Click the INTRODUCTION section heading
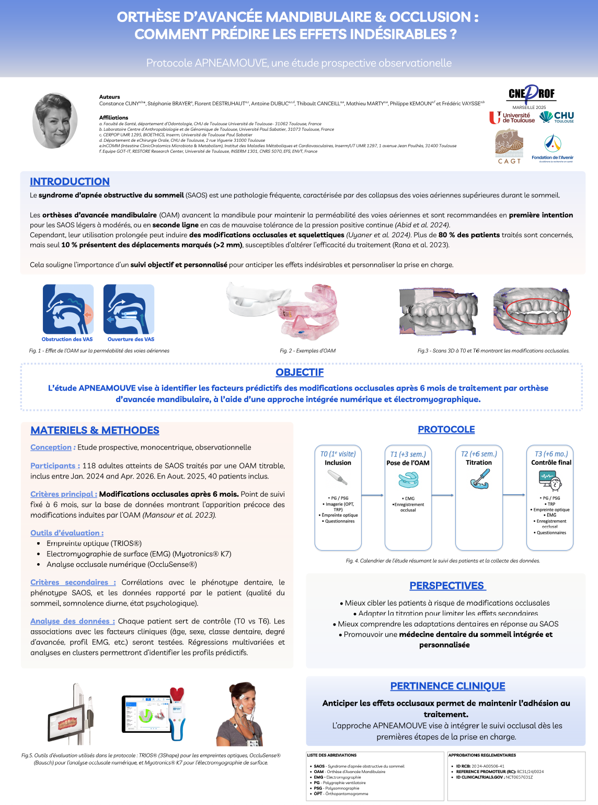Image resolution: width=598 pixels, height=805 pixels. pos(70,182)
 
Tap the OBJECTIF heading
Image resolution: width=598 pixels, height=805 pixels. pos(300,372)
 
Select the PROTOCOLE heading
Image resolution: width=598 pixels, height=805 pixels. pos(446,429)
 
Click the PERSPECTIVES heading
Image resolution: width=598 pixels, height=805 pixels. pos(447,586)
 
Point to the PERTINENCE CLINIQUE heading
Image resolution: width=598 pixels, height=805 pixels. pos(447,686)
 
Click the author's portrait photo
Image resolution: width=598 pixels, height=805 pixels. pos(55,120)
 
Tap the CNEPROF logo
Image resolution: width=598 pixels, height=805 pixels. pos(531,94)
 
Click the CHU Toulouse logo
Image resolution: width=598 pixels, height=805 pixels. pos(557,117)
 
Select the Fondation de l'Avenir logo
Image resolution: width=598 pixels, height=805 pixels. pos(553,149)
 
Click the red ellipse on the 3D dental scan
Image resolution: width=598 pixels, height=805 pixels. pos(538,311)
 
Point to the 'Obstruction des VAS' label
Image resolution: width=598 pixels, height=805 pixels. pos(67,339)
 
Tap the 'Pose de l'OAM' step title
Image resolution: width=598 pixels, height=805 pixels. pos(408,463)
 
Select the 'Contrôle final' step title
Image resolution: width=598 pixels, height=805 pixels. pos(551,463)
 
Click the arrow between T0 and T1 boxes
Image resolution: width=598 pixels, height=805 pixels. pos(372,495)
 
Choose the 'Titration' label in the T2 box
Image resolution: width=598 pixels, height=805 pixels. pos(479,463)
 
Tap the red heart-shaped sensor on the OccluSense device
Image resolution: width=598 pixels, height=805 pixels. pos(177,695)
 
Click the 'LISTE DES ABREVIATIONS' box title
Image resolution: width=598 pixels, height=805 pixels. pos(332,755)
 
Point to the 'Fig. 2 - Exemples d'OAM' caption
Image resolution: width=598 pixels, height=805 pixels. pos(307,351)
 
